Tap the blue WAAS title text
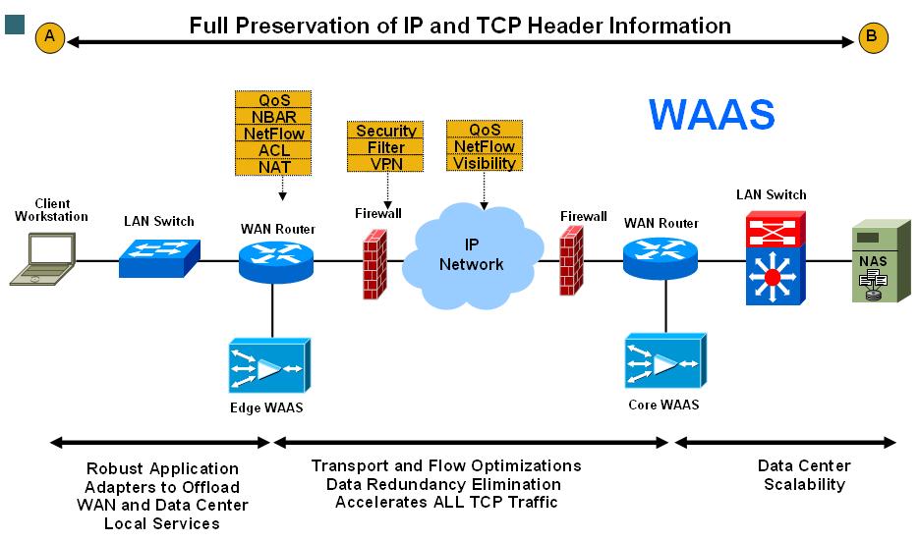point(711,115)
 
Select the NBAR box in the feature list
point(273,117)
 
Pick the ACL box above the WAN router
point(273,150)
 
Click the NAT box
point(273,167)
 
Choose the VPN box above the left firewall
point(386,164)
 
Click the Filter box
point(386,147)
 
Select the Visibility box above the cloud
point(485,164)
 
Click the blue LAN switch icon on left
point(158,258)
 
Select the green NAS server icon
point(874,263)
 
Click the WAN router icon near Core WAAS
point(660,257)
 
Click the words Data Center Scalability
point(804,474)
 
